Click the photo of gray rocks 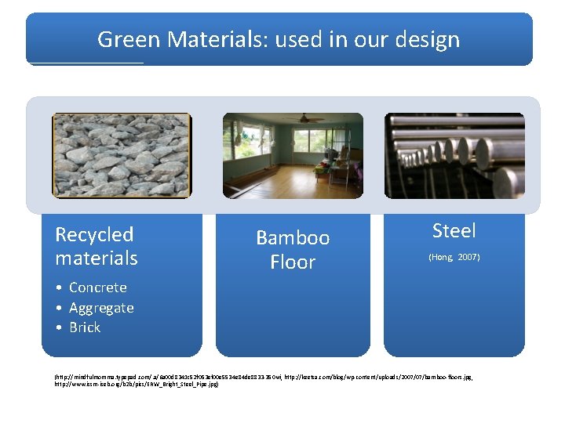pos(121,155)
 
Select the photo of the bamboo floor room pos(293,155)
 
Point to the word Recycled pos(94,234)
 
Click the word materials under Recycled pos(96,258)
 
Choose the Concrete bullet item pos(97,287)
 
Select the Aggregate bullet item pos(101,308)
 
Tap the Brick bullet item pos(85,327)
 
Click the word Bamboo pos(293,237)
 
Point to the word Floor pos(293,262)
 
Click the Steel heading pos(454,230)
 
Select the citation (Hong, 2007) pos(454,257)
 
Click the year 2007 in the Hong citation pos(468,257)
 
